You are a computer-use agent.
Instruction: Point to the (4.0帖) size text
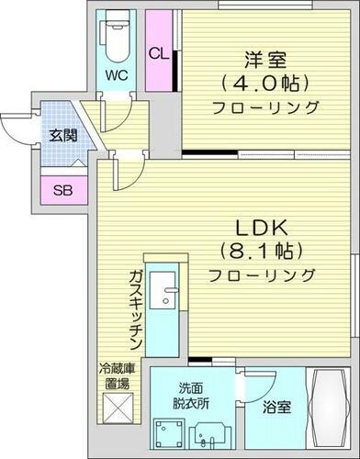click(x=264, y=84)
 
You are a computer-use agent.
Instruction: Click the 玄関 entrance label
click(x=62, y=136)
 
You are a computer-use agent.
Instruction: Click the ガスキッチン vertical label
click(x=134, y=303)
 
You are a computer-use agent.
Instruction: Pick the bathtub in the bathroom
click(x=330, y=408)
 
